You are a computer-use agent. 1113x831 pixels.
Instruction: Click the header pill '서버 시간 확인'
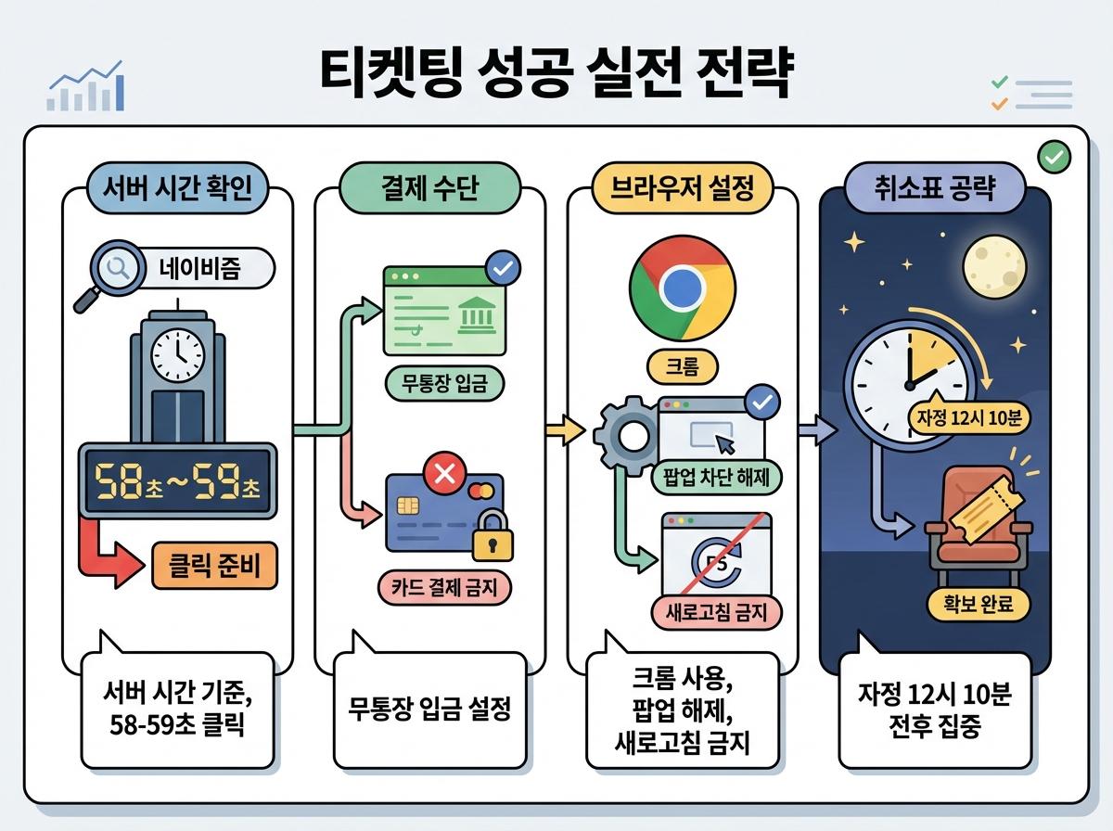(176, 189)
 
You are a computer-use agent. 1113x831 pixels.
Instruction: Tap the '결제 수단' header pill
(429, 189)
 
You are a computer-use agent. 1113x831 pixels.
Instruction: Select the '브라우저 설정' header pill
(682, 189)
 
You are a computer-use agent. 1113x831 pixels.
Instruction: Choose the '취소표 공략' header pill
(934, 189)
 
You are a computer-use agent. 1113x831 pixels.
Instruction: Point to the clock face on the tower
(176, 353)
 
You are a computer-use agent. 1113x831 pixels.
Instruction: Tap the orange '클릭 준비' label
(213, 564)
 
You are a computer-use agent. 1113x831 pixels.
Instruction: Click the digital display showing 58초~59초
(176, 483)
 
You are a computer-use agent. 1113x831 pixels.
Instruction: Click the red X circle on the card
(443, 476)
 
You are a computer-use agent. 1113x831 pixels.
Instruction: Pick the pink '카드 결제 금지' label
(443, 587)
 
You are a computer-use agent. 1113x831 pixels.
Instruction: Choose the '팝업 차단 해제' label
(717, 479)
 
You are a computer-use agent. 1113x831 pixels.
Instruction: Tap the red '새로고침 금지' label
(717, 611)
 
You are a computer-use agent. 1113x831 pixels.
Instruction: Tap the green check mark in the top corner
(1053, 157)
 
